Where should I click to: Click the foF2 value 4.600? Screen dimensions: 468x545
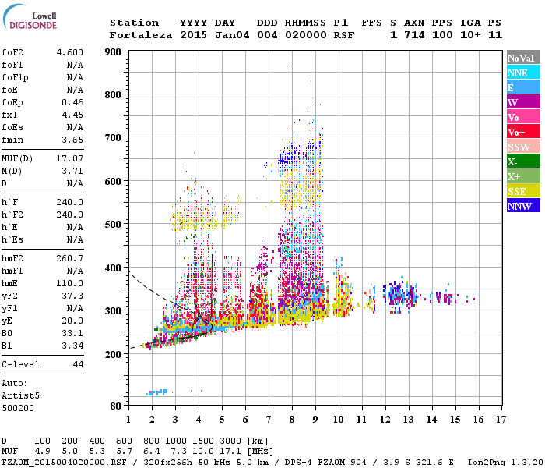(x=69, y=52)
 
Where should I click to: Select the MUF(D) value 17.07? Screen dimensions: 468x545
(x=69, y=159)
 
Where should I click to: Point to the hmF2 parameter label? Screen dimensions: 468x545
(x=13, y=258)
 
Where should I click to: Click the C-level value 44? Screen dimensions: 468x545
(x=78, y=364)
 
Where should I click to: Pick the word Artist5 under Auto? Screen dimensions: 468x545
(x=20, y=395)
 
